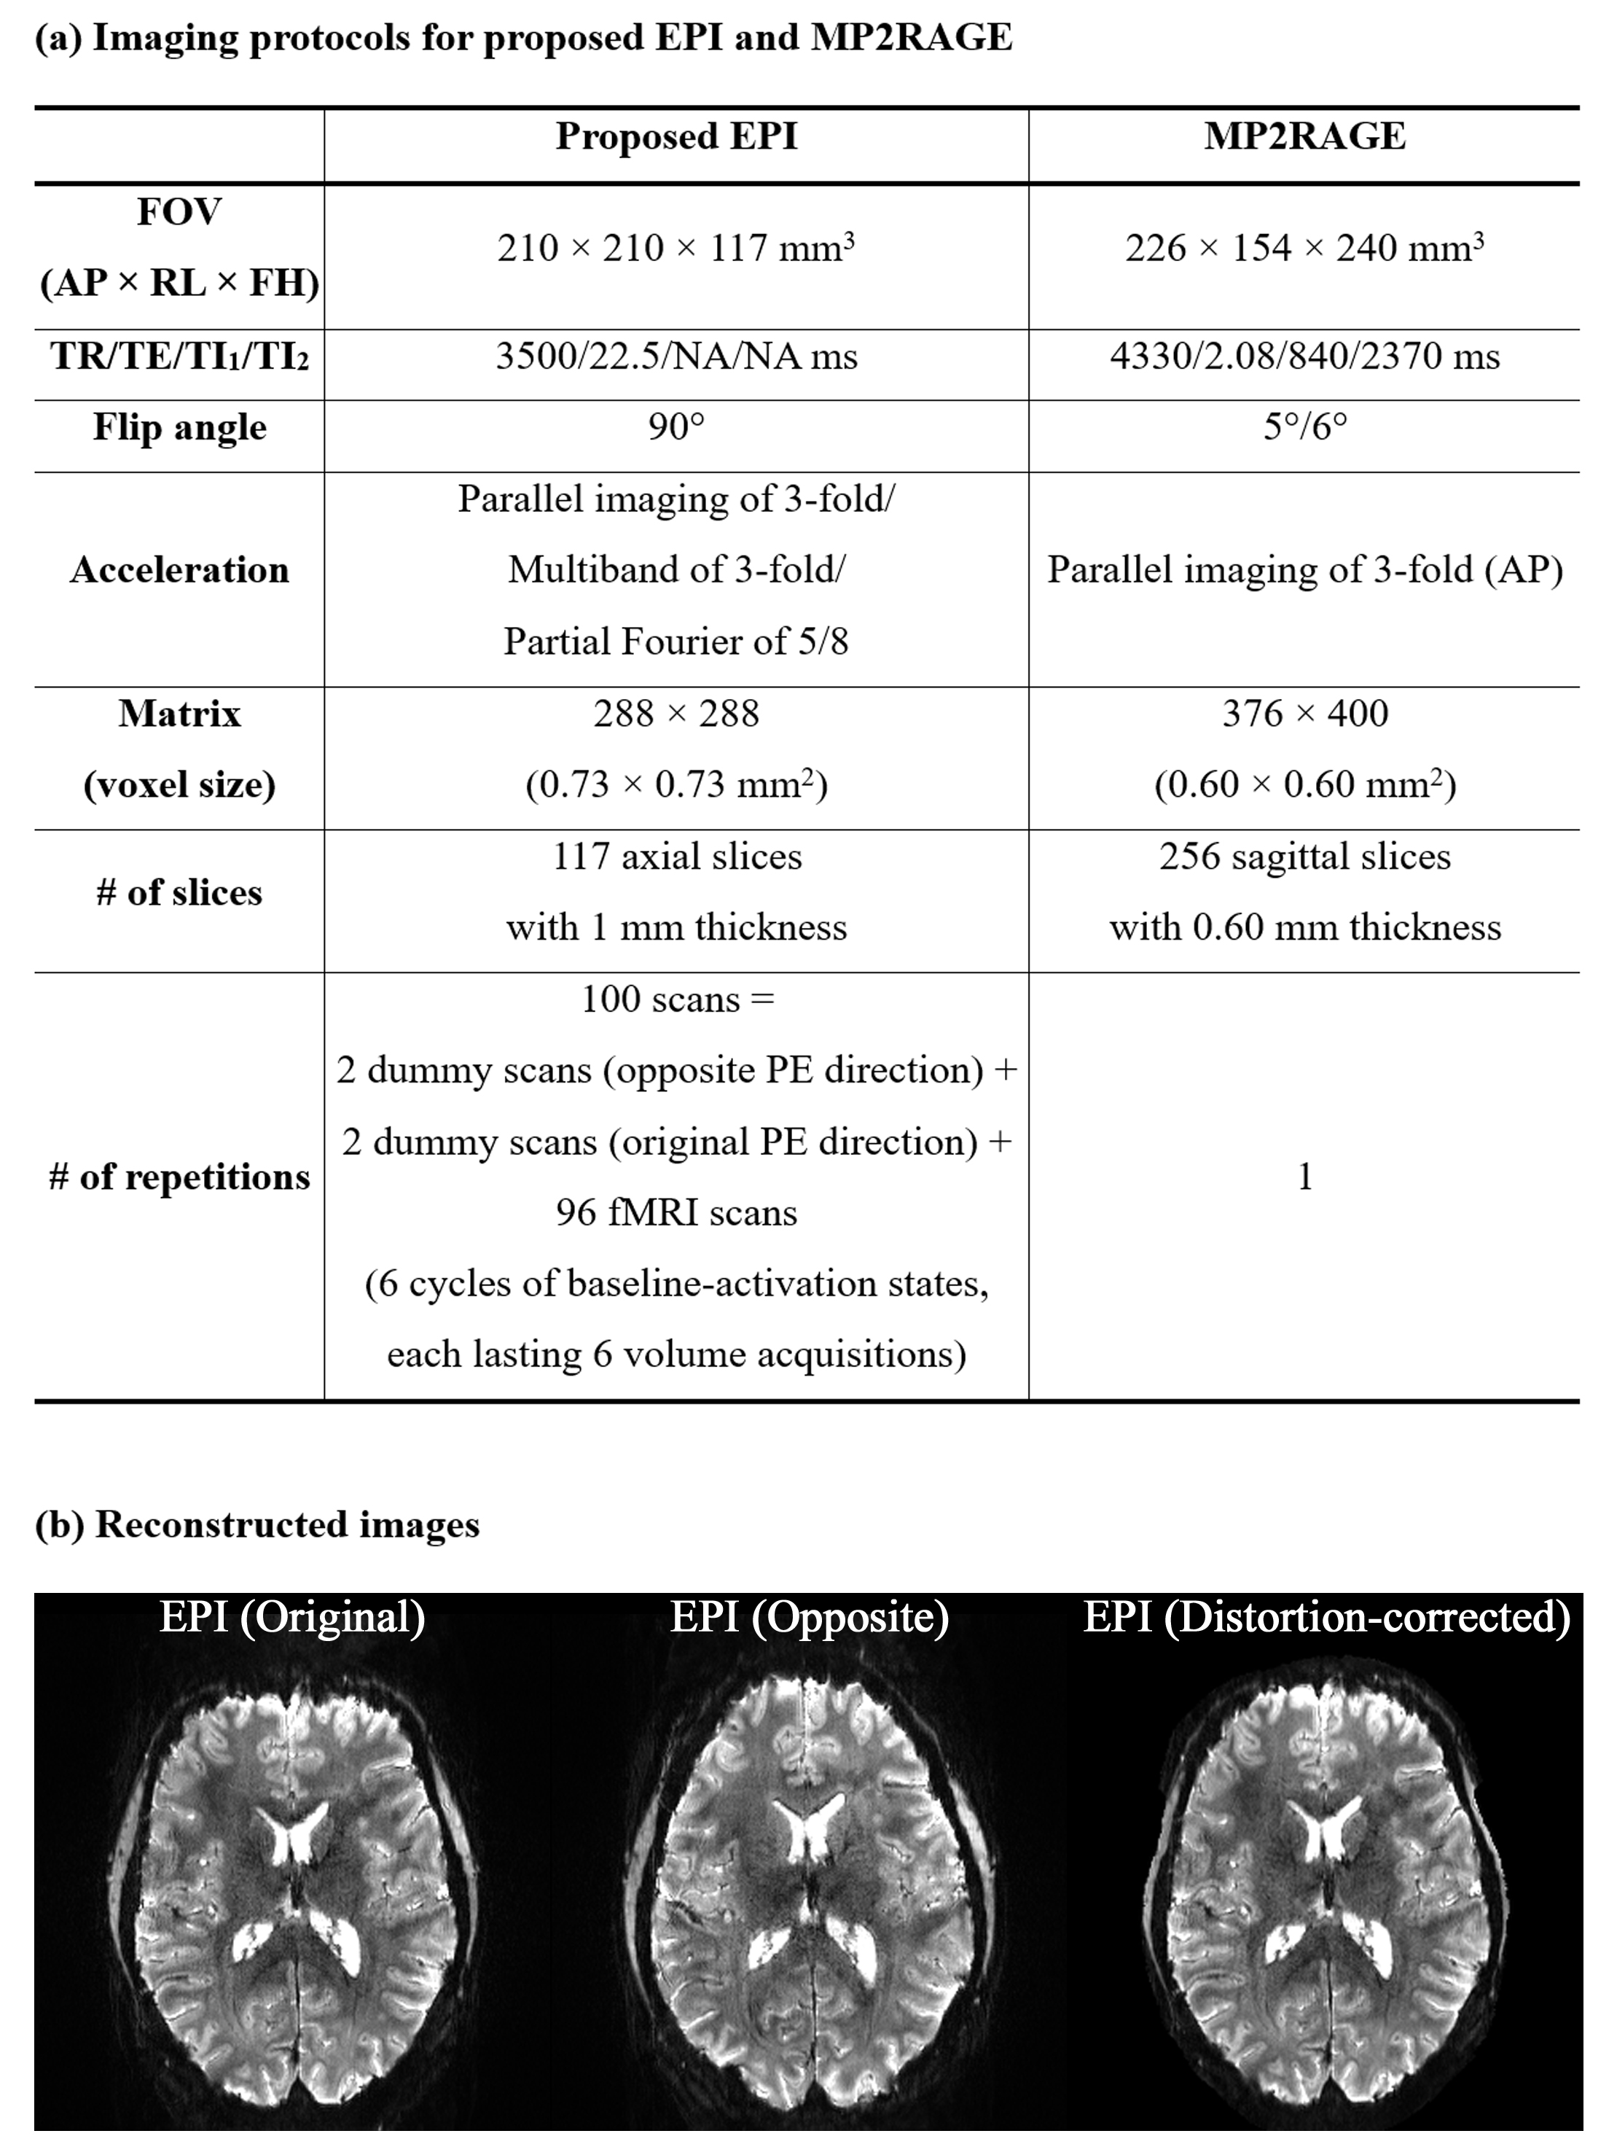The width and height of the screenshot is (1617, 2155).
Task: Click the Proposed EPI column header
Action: coord(676,136)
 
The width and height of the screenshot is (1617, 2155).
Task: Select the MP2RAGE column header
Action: coord(1304,136)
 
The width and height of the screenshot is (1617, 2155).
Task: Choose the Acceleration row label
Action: coord(179,570)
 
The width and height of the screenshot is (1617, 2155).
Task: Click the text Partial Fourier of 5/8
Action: coord(676,641)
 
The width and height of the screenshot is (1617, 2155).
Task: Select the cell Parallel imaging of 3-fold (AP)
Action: coord(1304,570)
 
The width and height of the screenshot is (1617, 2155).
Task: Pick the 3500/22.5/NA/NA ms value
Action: coord(676,356)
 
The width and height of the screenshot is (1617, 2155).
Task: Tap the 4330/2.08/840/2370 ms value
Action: coord(1304,356)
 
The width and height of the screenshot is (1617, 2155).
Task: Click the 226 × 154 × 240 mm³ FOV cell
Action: coord(1304,249)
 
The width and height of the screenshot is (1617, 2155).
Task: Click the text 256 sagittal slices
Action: coord(1304,857)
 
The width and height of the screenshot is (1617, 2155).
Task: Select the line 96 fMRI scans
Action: coord(676,1213)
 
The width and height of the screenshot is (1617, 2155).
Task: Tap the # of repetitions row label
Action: coord(179,1177)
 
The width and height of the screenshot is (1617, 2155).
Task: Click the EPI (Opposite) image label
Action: coord(809,1617)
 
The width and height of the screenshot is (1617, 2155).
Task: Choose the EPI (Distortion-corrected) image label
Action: coord(1327,1617)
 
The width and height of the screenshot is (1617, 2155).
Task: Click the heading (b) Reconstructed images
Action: coord(257,1524)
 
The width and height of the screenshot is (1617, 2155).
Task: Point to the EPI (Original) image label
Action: coord(292,1617)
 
